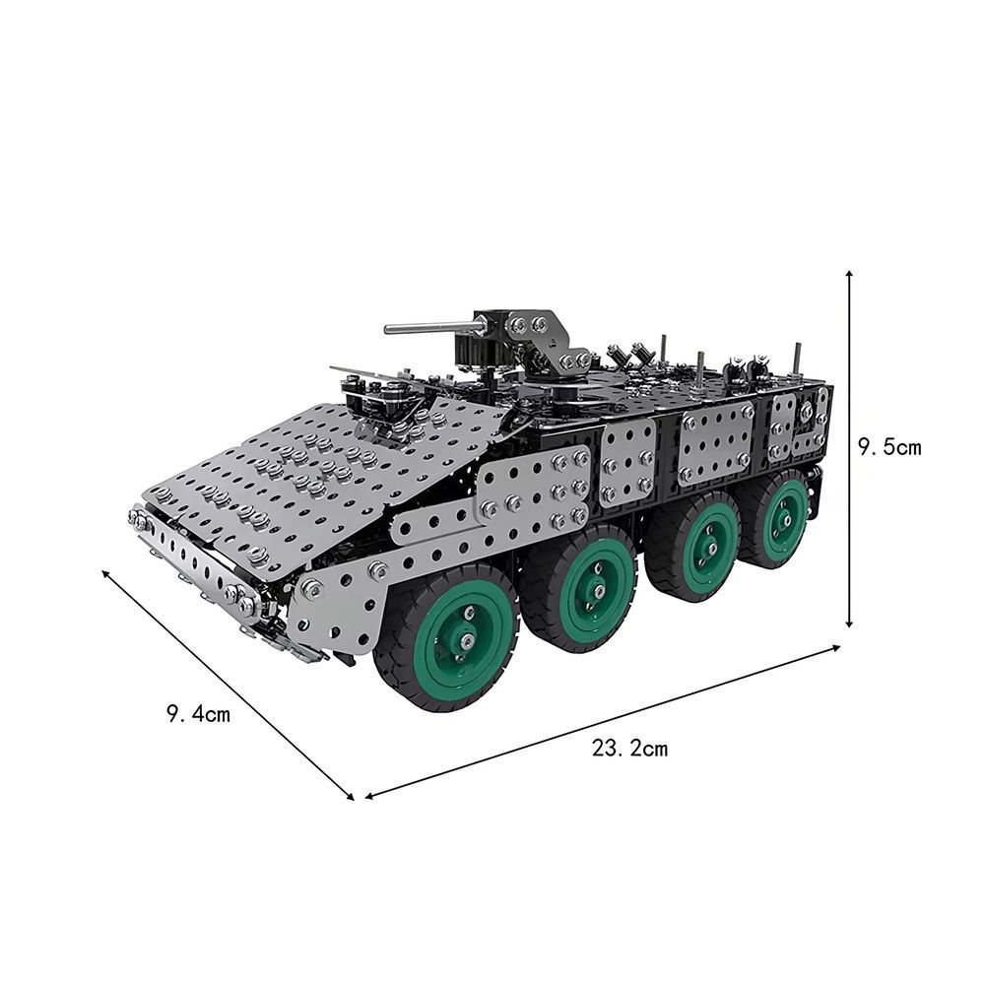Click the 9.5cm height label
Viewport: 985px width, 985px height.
(889, 447)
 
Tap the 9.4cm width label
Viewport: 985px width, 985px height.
(199, 714)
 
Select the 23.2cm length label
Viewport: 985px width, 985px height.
(630, 749)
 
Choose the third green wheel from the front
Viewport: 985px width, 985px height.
(694, 547)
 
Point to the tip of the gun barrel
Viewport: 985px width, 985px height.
(387, 329)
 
